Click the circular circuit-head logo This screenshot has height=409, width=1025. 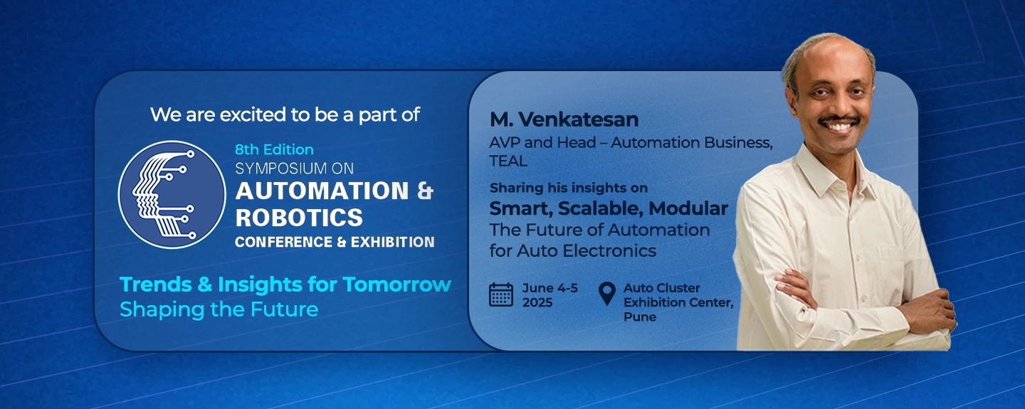click(x=172, y=194)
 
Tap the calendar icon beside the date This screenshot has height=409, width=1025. click(x=501, y=294)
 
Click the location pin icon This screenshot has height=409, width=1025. click(x=606, y=294)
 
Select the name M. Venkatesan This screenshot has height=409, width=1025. click(x=564, y=119)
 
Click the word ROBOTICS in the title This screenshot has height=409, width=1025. click(x=299, y=218)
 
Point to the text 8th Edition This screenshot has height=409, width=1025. click(x=274, y=149)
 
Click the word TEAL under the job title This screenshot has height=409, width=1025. click(x=508, y=161)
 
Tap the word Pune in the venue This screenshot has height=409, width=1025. click(x=640, y=317)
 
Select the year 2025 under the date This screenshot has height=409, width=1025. click(x=537, y=302)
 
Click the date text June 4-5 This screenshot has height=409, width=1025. click(x=550, y=288)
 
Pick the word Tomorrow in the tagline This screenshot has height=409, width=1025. click(x=396, y=284)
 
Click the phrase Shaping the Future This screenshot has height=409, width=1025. click(x=219, y=309)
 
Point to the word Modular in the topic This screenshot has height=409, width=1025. click(x=688, y=208)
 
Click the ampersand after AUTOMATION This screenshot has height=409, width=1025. click(x=425, y=191)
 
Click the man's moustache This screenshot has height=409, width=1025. click(x=839, y=121)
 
